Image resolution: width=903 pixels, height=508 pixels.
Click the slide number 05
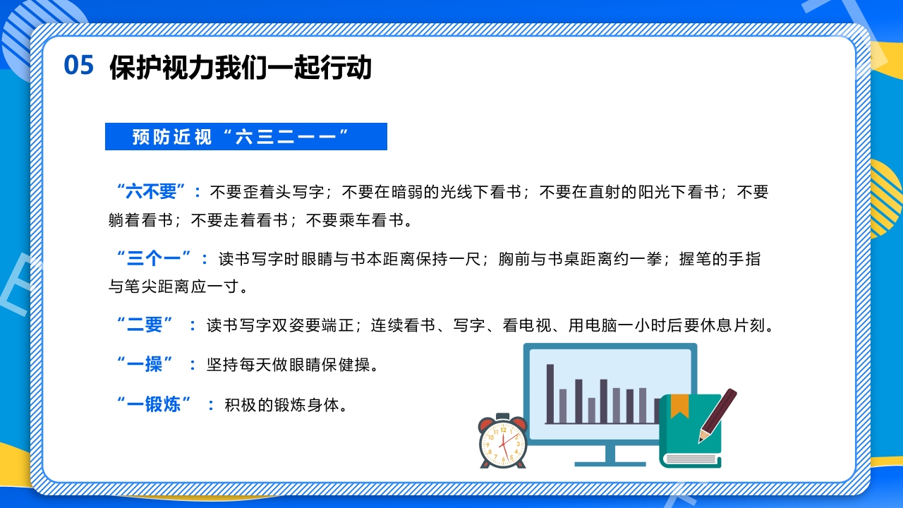(78, 65)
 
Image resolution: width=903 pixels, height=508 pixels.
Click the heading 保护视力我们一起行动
(240, 68)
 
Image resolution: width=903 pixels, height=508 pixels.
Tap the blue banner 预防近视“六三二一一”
(246, 137)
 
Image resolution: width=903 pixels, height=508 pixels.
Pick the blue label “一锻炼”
(153, 404)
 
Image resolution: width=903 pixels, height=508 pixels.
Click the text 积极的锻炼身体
(285, 405)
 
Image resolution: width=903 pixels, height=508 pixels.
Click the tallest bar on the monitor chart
(550, 393)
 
